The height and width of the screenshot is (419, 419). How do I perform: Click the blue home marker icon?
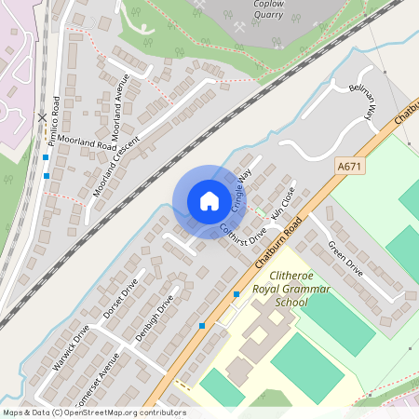point(209,200)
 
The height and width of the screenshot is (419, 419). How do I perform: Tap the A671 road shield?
point(348,166)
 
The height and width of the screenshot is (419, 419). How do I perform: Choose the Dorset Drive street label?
point(120,300)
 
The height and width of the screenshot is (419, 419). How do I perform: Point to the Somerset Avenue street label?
point(99,379)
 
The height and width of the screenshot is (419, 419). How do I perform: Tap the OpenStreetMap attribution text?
point(94,412)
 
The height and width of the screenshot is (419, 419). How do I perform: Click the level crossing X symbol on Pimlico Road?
point(42,118)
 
